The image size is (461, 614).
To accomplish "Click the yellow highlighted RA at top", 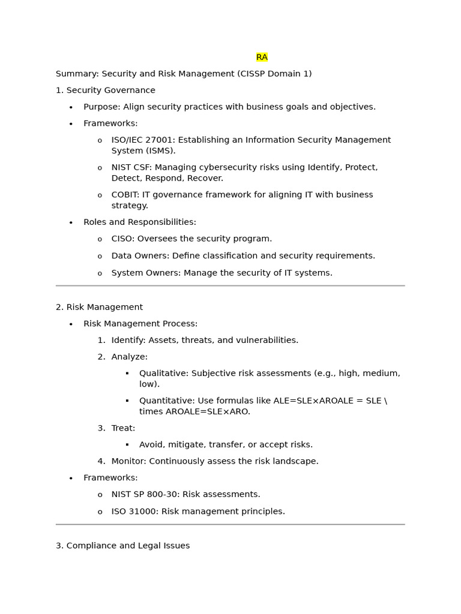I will click(x=262, y=57).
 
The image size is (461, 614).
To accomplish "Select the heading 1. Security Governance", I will click(x=105, y=91).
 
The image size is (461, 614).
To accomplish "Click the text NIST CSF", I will click(x=131, y=167).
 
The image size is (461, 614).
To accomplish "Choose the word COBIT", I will click(x=125, y=195).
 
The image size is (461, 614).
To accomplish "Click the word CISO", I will click(x=122, y=239).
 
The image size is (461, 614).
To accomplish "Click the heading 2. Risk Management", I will click(x=99, y=307).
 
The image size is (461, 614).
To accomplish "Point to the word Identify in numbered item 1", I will click(x=128, y=340).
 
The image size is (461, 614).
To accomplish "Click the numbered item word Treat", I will click(x=122, y=428).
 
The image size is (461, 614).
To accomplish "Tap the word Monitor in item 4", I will click(x=128, y=461).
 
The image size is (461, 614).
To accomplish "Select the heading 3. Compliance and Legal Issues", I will click(x=122, y=546).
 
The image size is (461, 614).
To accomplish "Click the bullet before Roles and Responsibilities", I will click(x=71, y=222).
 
